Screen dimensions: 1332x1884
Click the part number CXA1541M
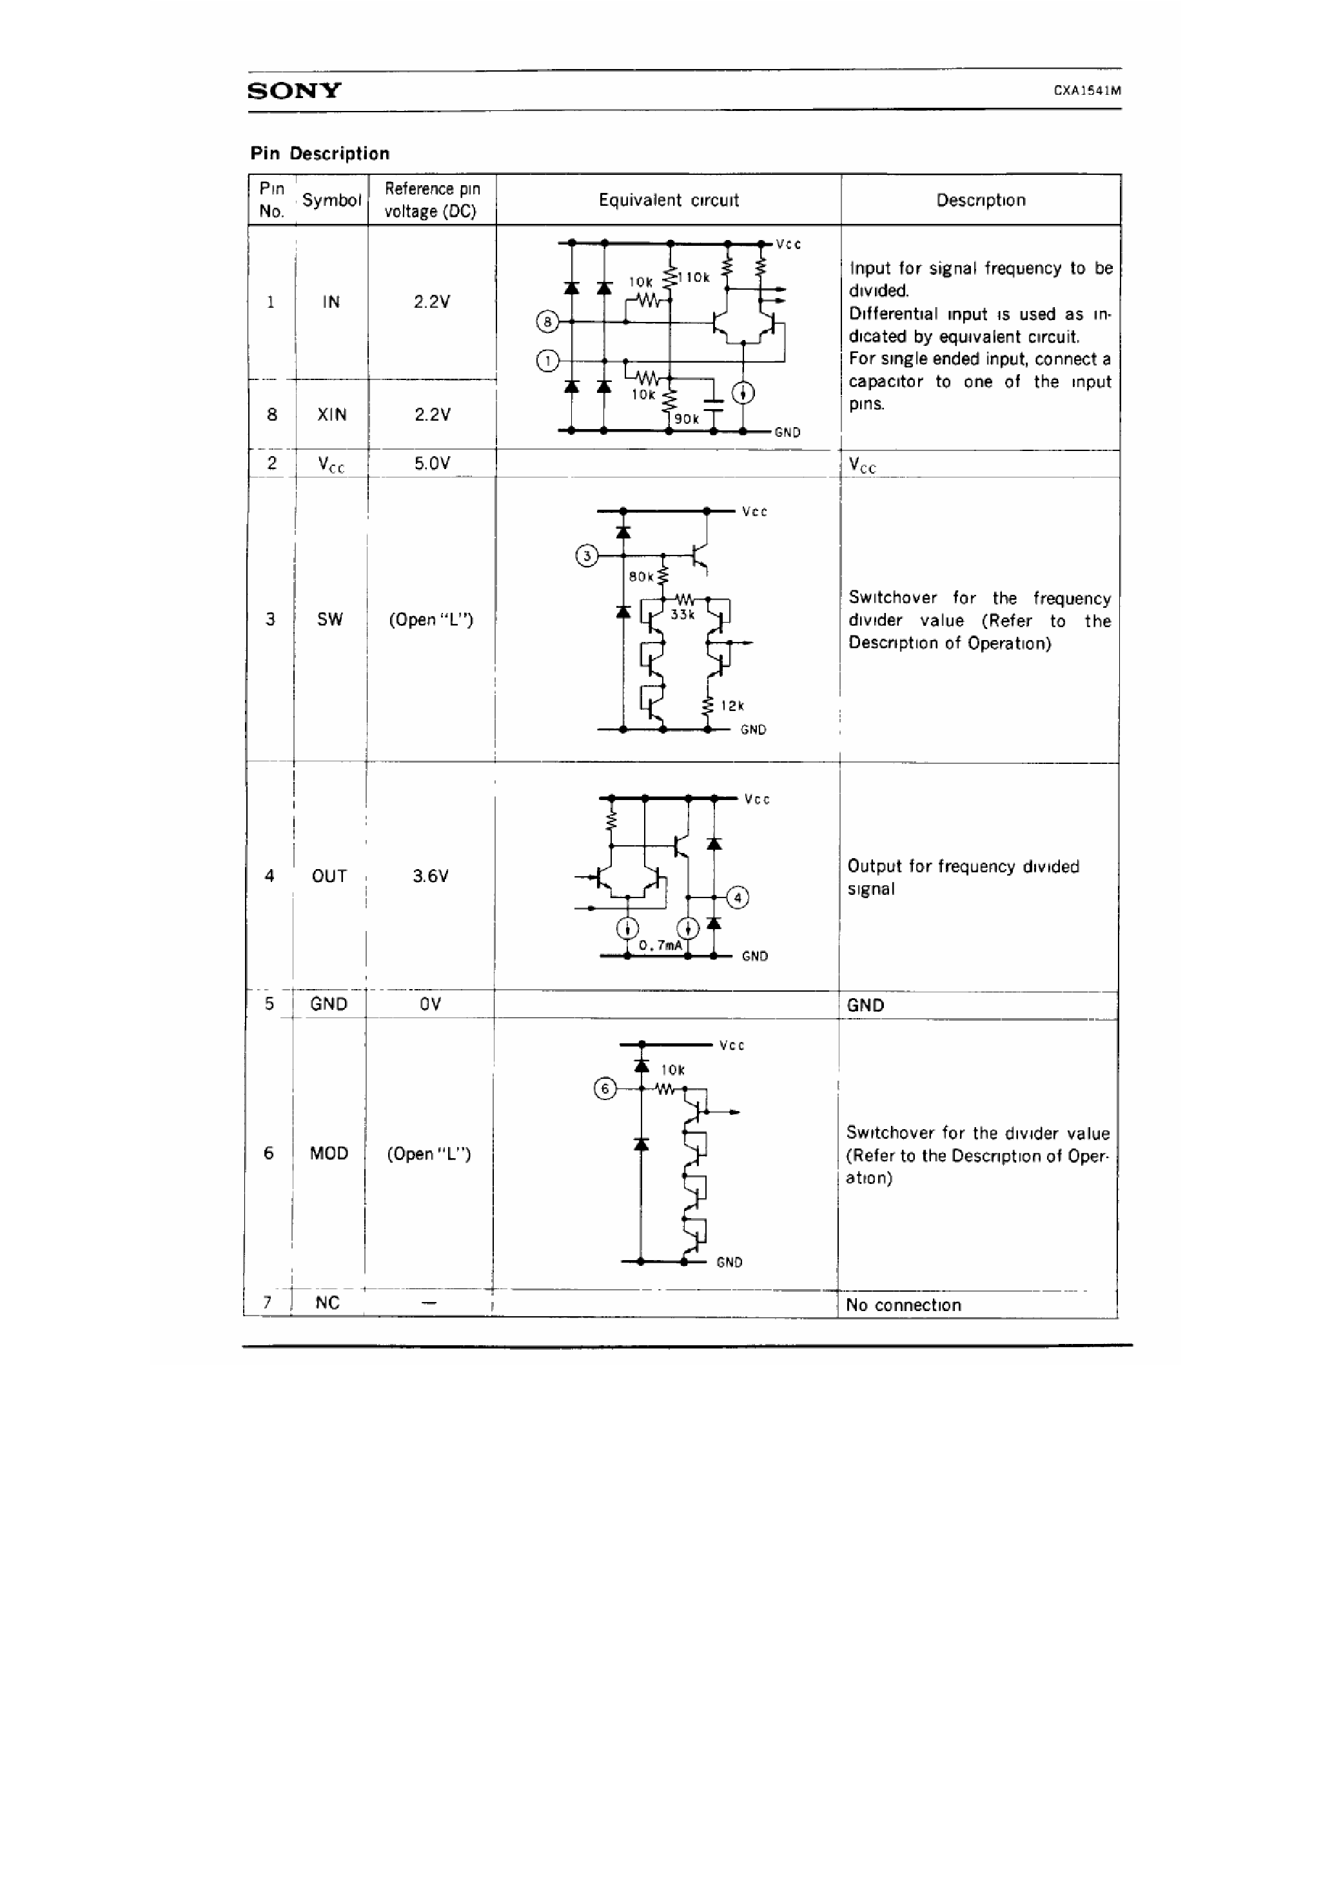[1087, 91]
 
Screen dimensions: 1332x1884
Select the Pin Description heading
[320, 154]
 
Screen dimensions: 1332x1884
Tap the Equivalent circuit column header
[669, 200]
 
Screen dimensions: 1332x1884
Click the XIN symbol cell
[331, 414]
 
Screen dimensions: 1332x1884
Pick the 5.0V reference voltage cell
[431, 464]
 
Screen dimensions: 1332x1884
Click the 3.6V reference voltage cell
[431, 876]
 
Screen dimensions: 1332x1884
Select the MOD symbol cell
[329, 1154]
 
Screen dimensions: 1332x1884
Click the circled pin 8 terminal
[547, 322]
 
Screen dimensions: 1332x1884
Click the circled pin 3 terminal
[587, 556]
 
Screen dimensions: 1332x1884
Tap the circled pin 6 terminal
[605, 1089]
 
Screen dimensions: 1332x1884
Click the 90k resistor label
[687, 419]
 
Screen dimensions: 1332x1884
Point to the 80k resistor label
[641, 577]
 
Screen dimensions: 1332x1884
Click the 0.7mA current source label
[660, 945]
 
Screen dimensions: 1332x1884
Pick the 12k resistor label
[732, 706]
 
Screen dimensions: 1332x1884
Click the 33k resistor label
[682, 614]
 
